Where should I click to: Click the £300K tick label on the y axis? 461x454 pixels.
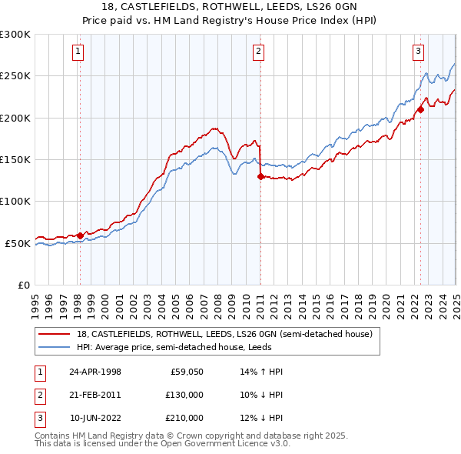click(x=15, y=35)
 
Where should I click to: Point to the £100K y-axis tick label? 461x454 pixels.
click(x=15, y=202)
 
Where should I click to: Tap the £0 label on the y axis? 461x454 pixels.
click(x=23, y=285)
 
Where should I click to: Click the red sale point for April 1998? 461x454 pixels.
click(x=80, y=235)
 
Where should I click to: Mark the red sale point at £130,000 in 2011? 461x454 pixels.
click(x=260, y=176)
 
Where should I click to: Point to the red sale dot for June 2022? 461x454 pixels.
click(x=420, y=110)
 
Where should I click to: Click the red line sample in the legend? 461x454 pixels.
click(x=55, y=335)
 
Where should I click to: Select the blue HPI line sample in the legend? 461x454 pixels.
click(x=55, y=347)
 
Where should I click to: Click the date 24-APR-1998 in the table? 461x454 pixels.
click(x=95, y=372)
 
